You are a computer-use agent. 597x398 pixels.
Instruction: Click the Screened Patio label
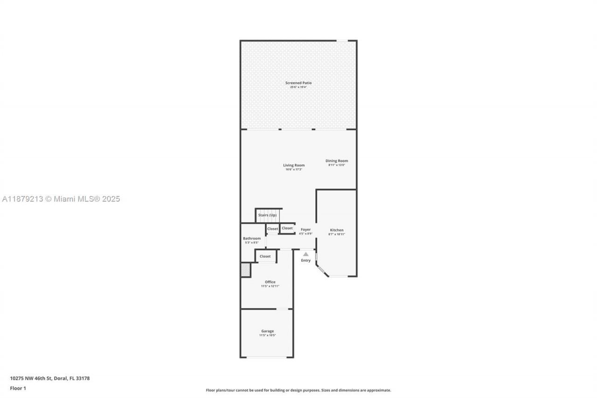coord(298,83)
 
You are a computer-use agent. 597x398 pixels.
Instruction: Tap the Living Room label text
coord(294,165)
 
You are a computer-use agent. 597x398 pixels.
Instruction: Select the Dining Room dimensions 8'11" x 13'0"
coord(337,165)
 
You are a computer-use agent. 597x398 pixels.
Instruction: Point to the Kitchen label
coord(337,230)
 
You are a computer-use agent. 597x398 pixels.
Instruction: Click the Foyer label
coord(305,230)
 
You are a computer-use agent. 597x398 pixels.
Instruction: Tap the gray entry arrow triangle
coord(305,254)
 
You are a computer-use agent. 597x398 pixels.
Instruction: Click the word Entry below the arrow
coord(305,260)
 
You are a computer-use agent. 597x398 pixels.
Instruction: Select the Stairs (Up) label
coord(268,215)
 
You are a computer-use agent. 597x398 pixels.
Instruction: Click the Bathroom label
coord(252,238)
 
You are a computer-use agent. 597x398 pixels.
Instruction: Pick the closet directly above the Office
coord(265,256)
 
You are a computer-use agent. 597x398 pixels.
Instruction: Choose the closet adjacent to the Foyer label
coord(287,228)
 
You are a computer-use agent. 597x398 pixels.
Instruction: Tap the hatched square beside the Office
coord(245,270)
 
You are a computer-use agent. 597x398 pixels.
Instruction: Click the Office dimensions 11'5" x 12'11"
coord(270,286)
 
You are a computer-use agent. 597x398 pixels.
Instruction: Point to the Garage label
coord(268,331)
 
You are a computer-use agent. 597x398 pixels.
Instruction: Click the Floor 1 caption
coord(18,388)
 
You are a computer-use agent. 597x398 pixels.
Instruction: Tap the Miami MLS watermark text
coord(61,199)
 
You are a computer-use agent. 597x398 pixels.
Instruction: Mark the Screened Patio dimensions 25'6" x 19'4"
coord(298,87)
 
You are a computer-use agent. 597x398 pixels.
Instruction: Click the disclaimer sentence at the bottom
coord(298,390)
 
